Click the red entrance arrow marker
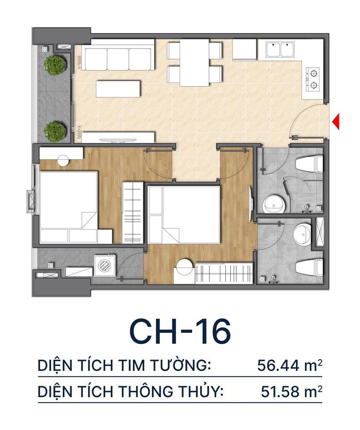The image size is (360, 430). click(336, 121)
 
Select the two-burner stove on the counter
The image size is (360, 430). click(313, 78)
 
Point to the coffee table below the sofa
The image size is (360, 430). click(118, 88)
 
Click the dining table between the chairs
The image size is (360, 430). click(194, 63)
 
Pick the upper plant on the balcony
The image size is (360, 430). click(55, 64)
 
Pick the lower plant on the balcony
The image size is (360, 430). click(55, 131)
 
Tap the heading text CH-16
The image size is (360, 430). click(180, 332)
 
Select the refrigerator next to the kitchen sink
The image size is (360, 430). click(244, 50)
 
